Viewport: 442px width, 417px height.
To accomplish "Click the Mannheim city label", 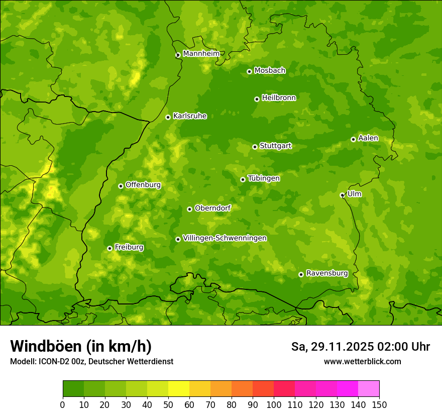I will (x=201, y=53).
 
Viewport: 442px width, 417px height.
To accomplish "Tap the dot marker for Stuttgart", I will (x=255, y=147).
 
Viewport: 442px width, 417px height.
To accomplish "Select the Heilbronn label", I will (x=279, y=97).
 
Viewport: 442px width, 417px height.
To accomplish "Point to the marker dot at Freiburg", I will (x=109, y=248).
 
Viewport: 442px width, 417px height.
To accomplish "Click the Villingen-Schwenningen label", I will (x=225, y=238).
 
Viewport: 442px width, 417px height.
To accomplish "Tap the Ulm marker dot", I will (x=342, y=195).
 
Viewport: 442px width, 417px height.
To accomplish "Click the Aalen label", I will (x=368, y=138).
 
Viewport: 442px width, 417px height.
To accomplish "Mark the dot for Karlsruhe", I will (x=168, y=117).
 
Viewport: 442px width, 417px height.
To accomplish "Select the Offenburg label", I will (x=143, y=184).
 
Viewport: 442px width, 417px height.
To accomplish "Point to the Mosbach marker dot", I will (x=249, y=71).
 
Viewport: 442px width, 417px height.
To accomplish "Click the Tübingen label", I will (x=264, y=178).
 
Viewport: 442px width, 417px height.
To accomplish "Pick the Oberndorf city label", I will (x=212, y=207).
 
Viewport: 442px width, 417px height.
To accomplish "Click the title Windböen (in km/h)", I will (x=80, y=346).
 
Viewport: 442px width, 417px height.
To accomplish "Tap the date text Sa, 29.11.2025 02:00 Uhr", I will (x=360, y=347).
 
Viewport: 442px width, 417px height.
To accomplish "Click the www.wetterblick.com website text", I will (x=362, y=361).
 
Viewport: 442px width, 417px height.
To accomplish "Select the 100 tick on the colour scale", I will (x=273, y=404).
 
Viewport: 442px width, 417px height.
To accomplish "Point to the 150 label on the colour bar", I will (x=379, y=404).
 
